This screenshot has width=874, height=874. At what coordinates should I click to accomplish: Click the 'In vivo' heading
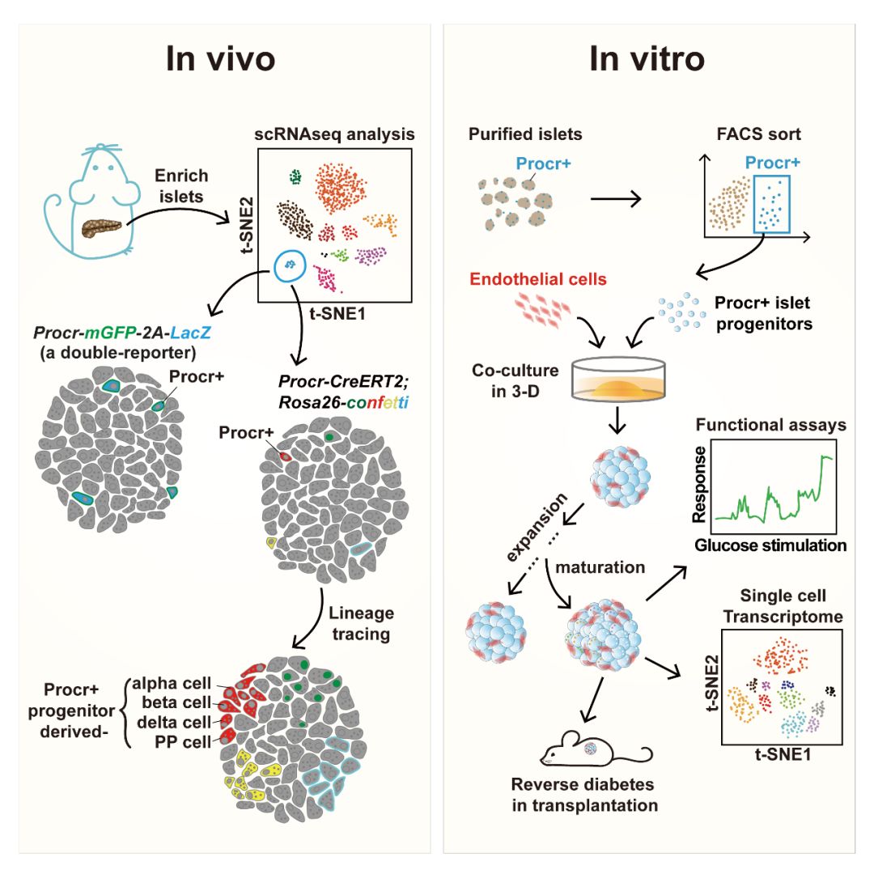coord(219,59)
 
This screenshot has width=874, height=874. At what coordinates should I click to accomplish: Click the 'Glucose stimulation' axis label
coord(770,545)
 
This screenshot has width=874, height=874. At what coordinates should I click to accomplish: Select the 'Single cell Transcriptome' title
coord(782,606)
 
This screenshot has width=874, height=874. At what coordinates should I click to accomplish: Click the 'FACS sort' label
coord(758,134)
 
